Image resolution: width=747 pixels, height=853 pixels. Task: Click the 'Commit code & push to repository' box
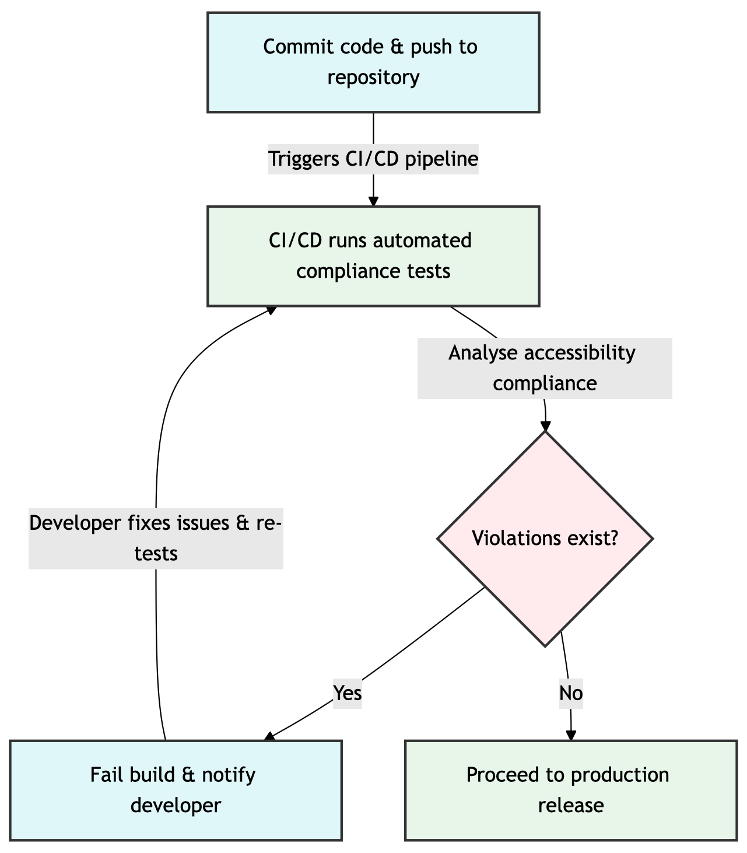pos(373,62)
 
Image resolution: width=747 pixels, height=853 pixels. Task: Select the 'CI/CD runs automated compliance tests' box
pos(373,256)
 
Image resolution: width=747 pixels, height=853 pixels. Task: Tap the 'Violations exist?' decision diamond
pos(545,539)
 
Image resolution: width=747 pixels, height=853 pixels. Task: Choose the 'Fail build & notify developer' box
pos(176,790)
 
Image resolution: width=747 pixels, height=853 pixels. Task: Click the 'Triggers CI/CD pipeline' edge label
pos(373,159)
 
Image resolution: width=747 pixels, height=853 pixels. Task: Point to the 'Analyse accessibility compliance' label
pos(545,368)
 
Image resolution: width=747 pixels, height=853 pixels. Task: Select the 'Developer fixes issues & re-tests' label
pos(156,538)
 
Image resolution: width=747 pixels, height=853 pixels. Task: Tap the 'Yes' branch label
pos(348,693)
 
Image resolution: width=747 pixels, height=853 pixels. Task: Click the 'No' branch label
pos(571,693)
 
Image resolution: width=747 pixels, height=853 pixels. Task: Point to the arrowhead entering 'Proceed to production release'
pos(571,736)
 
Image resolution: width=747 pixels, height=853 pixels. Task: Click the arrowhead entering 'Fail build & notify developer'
pos(269,737)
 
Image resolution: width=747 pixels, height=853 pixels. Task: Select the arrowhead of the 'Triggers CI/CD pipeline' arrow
pos(373,201)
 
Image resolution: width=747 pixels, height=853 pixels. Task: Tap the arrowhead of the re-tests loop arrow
pos(271,309)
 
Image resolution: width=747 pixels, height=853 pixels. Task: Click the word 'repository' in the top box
pos(373,78)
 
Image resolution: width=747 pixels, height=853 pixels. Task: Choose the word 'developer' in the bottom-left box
pos(176,806)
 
